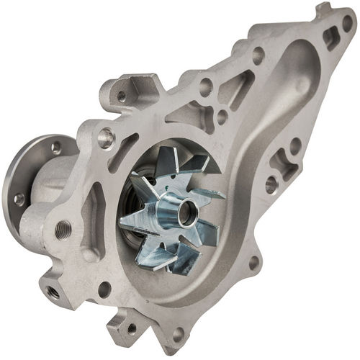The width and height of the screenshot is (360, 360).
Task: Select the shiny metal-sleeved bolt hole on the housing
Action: pos(107,135)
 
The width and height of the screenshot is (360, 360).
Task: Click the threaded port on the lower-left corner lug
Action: pos(53,292)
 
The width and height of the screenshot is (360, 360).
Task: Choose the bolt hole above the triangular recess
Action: pos(257,53)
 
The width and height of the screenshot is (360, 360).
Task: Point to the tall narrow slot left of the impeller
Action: pos(94,217)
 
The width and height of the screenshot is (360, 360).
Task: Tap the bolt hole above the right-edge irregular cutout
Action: pos(294,144)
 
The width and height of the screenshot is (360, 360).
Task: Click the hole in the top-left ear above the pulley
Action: pos(121,96)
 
